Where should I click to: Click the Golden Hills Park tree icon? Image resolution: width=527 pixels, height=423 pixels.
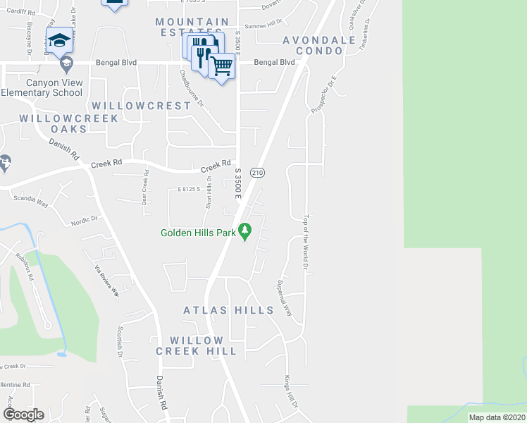pyautogui.click(x=245, y=231)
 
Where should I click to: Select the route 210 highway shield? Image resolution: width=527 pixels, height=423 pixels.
pyautogui.click(x=258, y=172)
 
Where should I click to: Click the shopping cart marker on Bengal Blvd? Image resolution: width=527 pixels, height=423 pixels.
pyautogui.click(x=222, y=67)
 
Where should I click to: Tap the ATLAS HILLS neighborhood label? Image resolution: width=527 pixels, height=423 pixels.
pyautogui.click(x=228, y=310)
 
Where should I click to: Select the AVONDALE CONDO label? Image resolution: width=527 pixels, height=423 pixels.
pyautogui.click(x=319, y=46)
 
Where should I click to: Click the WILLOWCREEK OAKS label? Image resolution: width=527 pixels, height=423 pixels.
pyautogui.click(x=54, y=123)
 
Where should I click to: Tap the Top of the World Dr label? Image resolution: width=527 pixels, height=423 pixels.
pyautogui.click(x=306, y=242)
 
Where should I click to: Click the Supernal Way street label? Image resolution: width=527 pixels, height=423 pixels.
pyautogui.click(x=284, y=298)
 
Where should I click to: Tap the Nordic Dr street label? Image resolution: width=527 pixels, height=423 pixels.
pyautogui.click(x=85, y=221)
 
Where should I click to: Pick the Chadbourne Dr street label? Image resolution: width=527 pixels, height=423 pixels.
pyautogui.click(x=190, y=87)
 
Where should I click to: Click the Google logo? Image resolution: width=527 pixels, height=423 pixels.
pyautogui.click(x=23, y=415)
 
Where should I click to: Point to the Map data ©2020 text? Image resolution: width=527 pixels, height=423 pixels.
pyautogui.click(x=497, y=417)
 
